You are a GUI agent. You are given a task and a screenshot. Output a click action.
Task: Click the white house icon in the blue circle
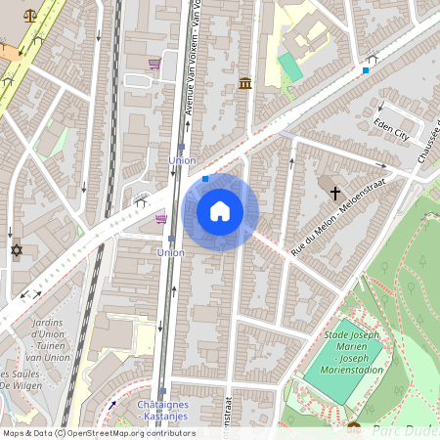[x=220, y=211]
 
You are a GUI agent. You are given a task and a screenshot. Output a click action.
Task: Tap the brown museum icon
[x=244, y=84]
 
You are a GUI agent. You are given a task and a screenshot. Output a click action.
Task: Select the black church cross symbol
[x=335, y=194]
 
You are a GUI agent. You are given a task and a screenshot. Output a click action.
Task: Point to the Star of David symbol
[x=16, y=250]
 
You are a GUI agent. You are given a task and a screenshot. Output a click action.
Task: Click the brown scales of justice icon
[x=30, y=17]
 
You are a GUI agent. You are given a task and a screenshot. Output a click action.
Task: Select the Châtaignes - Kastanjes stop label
[x=161, y=412]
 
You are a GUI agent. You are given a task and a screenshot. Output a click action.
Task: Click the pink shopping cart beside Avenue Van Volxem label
[x=154, y=65]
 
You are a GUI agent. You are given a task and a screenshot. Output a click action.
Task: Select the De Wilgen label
[x=20, y=385]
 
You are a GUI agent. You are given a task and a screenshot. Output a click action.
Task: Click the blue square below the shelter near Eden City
[x=366, y=70]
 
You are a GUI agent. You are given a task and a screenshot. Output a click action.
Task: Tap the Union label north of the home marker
[x=183, y=159]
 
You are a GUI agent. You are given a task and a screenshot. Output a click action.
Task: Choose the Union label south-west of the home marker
[x=170, y=252]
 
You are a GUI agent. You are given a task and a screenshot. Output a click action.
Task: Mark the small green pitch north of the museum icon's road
[x=290, y=66]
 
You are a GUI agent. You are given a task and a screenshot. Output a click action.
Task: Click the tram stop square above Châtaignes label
[x=161, y=392]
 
